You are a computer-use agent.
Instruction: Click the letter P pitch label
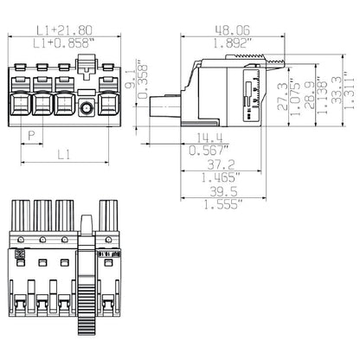pos(33,135)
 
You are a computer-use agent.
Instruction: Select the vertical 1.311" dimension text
pos(347,89)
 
